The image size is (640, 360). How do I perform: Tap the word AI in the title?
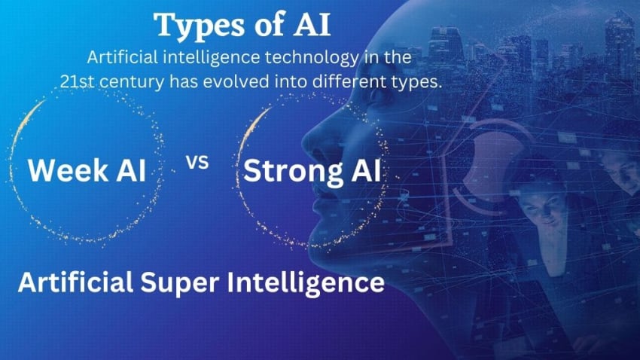click(309, 25)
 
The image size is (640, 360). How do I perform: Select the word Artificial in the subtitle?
click(124, 58)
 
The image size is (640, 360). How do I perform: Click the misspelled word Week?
click(64, 172)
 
